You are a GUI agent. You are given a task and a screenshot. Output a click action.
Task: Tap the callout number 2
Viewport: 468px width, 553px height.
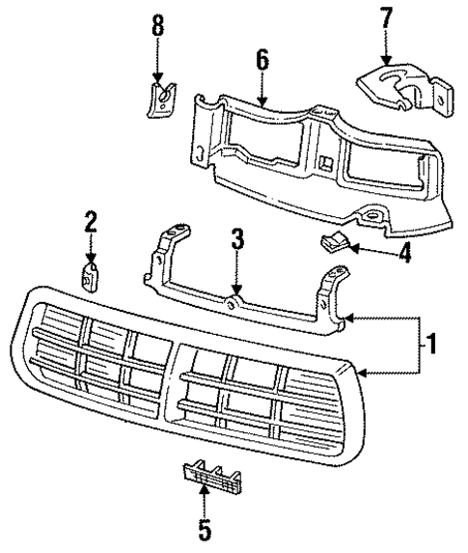click(90, 223)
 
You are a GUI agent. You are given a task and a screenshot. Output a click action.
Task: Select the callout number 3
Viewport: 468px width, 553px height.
click(236, 239)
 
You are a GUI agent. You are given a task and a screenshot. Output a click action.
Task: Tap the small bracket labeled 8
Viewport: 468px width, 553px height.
click(161, 97)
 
